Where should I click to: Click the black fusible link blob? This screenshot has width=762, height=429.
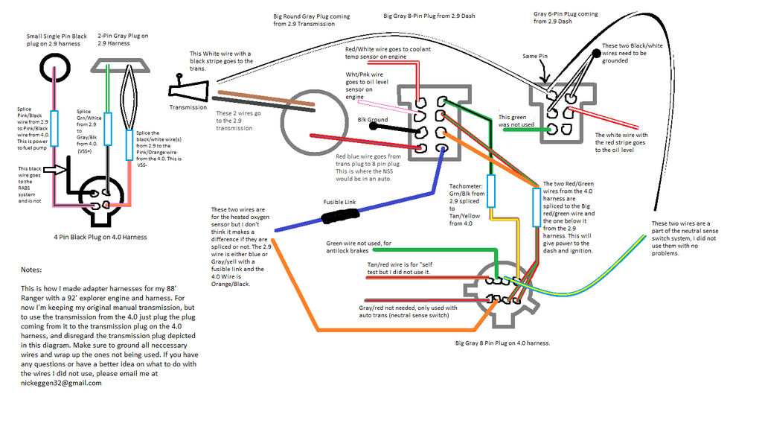tap(340, 215)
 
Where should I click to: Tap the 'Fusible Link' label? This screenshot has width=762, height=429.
tap(339, 202)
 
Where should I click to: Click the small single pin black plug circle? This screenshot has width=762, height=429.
tap(55, 68)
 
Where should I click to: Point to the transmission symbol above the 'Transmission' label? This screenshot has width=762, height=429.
tap(188, 89)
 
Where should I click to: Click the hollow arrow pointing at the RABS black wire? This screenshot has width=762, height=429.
tap(55, 170)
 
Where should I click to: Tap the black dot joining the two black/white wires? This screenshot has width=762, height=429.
tap(596, 54)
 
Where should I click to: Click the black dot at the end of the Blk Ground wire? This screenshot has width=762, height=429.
tap(374, 127)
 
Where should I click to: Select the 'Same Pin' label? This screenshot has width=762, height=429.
tap(535, 57)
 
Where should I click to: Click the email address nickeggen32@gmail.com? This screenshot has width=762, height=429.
tap(61, 383)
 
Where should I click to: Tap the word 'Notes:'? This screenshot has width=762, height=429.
tap(31, 270)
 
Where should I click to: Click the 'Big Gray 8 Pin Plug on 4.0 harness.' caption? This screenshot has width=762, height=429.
tap(502, 343)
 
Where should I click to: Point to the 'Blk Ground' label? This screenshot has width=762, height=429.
tap(373, 120)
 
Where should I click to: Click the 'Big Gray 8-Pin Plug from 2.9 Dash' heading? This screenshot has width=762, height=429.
tap(429, 16)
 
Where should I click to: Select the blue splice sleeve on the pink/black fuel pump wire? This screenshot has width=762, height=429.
tap(54, 128)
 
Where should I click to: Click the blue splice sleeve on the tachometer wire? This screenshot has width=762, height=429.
tap(491, 191)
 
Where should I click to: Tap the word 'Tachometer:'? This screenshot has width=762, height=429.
tap(466, 186)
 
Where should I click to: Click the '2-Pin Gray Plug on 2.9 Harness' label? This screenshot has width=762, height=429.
tap(123, 39)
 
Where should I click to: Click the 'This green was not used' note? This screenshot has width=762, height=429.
tap(516, 121)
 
